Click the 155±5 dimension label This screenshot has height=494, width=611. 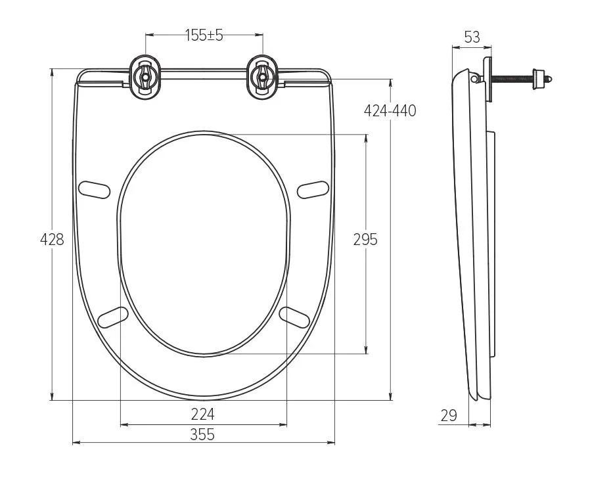pos(204,35)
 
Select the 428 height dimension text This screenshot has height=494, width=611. pos(53,240)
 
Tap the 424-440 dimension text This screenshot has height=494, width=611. pos(390,110)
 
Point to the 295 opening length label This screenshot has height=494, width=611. pos(365,240)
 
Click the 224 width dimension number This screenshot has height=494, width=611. pos(202,414)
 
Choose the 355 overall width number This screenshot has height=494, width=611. pos(202,434)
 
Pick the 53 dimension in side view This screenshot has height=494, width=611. pos(472,37)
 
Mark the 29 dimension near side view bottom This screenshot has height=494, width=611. pos(449,415)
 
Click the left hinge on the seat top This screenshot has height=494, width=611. pos(144,78)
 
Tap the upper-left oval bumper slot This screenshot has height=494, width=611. pos(94,189)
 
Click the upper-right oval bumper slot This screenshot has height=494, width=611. pos(313,189)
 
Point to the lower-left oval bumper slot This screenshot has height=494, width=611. pos(112,316)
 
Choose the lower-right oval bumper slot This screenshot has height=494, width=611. pos(294,316)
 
